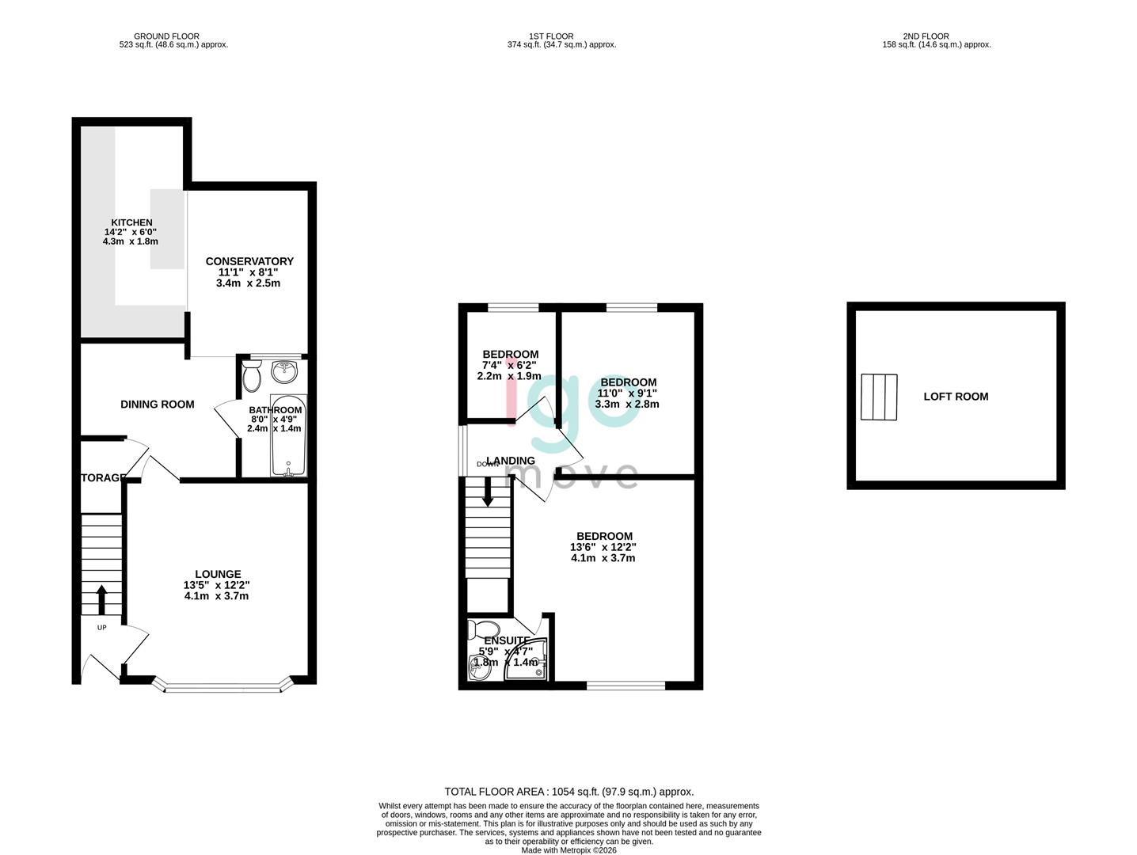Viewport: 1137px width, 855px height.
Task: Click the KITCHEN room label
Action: pyautogui.click(x=131, y=222)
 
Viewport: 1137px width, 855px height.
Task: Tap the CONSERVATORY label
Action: pyautogui.click(x=249, y=261)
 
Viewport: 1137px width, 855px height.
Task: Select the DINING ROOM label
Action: pyautogui.click(x=157, y=405)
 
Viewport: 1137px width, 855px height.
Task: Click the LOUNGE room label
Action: pyautogui.click(x=218, y=574)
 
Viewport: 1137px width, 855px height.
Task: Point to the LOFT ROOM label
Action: pyautogui.click(x=956, y=397)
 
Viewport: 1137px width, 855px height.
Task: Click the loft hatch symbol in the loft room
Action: pyautogui.click(x=879, y=397)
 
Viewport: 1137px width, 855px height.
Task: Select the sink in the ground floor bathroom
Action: pyautogui.click(x=283, y=370)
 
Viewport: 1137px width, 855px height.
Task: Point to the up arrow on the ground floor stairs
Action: pyautogui.click(x=101, y=599)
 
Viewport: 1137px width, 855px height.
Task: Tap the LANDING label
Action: pyautogui.click(x=511, y=461)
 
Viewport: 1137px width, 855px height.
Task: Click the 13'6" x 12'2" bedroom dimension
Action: pyautogui.click(x=603, y=547)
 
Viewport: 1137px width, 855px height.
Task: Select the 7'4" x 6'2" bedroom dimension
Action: pyautogui.click(x=510, y=366)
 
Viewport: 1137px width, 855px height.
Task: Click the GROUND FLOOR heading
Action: pyautogui.click(x=166, y=36)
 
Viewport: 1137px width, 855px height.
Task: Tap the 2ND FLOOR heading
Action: pyautogui.click(x=937, y=36)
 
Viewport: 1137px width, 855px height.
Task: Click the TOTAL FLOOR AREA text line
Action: pyautogui.click(x=568, y=792)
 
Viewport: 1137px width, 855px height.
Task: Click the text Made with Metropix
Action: pyautogui.click(x=568, y=850)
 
